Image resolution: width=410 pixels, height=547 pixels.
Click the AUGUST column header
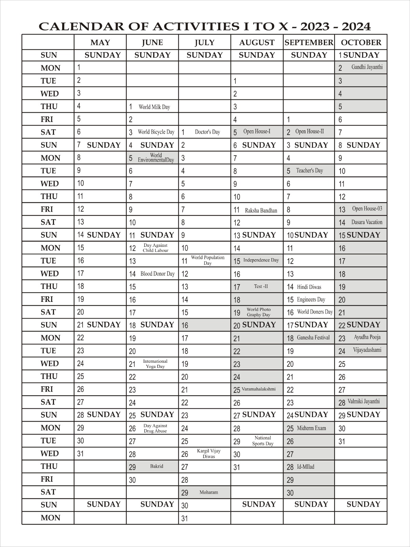(257, 42)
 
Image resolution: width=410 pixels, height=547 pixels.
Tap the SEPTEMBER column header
(309, 42)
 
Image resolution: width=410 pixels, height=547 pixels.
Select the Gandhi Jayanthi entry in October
(367, 67)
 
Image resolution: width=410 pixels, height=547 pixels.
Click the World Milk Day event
(154, 107)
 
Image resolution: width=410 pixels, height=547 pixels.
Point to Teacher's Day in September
(309, 171)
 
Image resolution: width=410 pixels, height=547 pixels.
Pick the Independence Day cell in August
(261, 261)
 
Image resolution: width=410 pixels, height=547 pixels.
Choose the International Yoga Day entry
(155, 364)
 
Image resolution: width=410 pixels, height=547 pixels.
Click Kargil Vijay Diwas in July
(208, 454)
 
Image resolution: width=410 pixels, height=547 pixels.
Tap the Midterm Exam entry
(311, 428)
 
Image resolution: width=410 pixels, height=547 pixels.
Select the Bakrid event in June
(156, 466)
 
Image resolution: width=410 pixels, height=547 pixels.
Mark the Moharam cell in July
(208, 492)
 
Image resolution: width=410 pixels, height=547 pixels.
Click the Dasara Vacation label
(367, 222)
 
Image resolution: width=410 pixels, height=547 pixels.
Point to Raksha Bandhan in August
(261, 211)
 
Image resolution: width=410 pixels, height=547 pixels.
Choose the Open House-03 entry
(367, 209)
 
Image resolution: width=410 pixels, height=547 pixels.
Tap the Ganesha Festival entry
(313, 338)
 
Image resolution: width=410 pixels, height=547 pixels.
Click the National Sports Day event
(263, 441)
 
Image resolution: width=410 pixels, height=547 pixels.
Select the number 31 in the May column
(80, 454)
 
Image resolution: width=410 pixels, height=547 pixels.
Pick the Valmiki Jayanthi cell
(364, 402)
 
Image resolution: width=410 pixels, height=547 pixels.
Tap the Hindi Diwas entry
(309, 287)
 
